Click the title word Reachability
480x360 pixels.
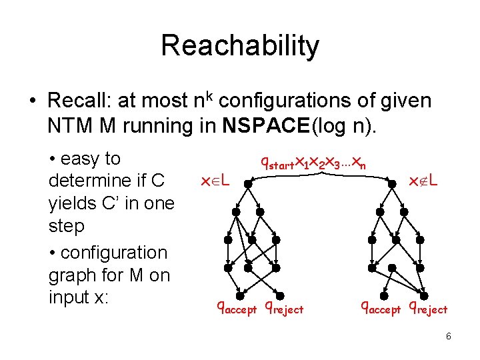click(x=240, y=47)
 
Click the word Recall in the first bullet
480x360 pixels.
click(x=79, y=101)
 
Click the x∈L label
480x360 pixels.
click(x=215, y=180)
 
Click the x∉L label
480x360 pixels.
click(x=423, y=180)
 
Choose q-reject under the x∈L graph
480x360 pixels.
click(x=284, y=308)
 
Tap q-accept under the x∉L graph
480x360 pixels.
click(x=381, y=308)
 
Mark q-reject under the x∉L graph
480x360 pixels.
click(x=428, y=308)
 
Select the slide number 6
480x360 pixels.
click(x=449, y=336)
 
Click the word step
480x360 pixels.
click(x=67, y=226)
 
